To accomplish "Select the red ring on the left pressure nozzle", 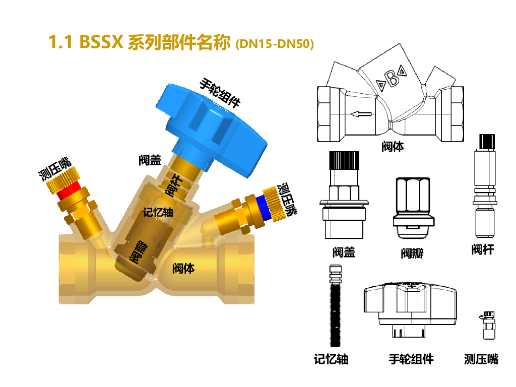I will (68, 191).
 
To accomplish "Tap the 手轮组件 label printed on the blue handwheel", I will (220, 93).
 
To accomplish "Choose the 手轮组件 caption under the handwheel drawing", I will (411, 359).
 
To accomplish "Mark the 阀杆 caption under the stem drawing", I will (483, 249).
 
